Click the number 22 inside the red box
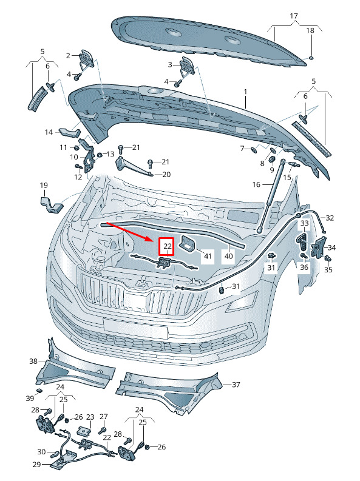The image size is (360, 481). [x=168, y=246]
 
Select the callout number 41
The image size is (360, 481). [x=208, y=255]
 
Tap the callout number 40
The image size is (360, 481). [x=229, y=255]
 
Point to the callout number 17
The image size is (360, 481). [x=294, y=16]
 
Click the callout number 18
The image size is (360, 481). [x=310, y=30]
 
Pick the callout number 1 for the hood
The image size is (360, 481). [x=245, y=92]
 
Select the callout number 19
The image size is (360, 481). [x=44, y=185]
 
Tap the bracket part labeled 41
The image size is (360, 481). [x=188, y=244]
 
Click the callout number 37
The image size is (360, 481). [x=236, y=385]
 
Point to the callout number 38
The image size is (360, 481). [x=33, y=362]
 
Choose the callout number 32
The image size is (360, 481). [x=330, y=218]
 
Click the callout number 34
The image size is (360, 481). [x=331, y=247]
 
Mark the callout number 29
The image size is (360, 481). [x=36, y=465]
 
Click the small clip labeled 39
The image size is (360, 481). [x=39, y=390]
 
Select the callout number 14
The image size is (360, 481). [x=49, y=132]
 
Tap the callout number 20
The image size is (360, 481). [x=166, y=174]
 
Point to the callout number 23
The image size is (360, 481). [x=90, y=417]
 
